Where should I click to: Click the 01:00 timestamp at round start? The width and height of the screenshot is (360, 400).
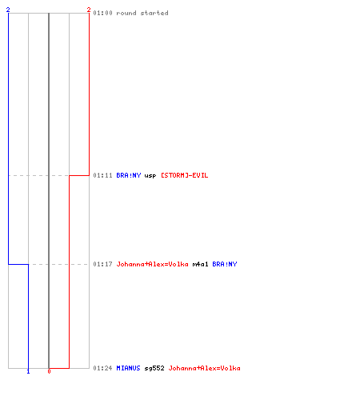point(102,13)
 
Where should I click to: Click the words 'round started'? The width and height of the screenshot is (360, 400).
point(142,13)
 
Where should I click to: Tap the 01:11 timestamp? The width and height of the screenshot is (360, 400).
point(102,175)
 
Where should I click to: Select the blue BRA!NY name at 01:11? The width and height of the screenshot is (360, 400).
point(129,175)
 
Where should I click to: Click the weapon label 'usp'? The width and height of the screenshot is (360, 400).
point(150,176)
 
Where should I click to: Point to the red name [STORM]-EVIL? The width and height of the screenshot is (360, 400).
point(184,175)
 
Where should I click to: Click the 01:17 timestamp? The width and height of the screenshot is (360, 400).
point(102,264)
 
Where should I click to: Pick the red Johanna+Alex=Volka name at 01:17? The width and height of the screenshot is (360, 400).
point(152,264)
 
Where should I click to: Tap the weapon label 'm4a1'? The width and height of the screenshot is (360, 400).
point(200,264)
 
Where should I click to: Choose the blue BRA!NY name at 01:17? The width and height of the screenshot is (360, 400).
point(225,264)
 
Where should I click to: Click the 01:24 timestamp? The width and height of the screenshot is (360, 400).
point(102,368)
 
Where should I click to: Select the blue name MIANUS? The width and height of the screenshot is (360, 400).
point(128,368)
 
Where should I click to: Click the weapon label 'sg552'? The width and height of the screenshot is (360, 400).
point(154,368)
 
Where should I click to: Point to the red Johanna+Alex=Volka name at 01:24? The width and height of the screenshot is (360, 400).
point(204,368)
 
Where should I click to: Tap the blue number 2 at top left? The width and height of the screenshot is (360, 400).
point(8,10)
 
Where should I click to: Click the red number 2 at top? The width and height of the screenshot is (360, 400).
point(89,10)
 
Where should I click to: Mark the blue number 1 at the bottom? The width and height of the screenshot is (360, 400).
point(28,371)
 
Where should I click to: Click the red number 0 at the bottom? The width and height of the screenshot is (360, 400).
point(49,371)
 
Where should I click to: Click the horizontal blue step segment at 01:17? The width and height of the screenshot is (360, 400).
point(18,264)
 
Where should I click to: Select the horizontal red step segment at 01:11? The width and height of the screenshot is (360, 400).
point(79,175)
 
